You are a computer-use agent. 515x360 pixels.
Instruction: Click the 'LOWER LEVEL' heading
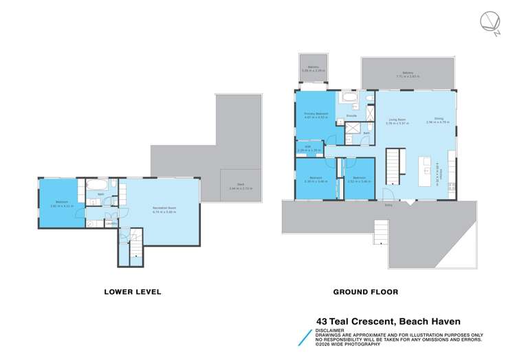click(133, 292)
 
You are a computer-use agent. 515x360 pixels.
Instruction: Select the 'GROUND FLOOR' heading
click(365, 292)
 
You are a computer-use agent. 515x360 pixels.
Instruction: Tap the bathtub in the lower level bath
click(95, 185)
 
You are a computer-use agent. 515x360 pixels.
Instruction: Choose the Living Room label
click(397, 121)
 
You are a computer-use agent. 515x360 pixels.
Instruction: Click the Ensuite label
click(351, 116)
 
